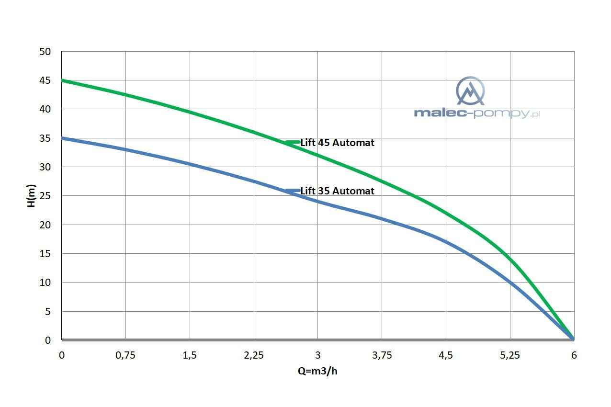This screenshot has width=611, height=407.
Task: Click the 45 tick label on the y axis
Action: pyautogui.click(x=45, y=80)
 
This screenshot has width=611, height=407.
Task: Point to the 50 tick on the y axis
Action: pyautogui.click(x=45, y=52)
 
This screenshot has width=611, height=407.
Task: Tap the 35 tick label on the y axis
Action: pyautogui.click(x=45, y=138)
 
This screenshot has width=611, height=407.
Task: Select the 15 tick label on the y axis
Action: pyautogui.click(x=45, y=254)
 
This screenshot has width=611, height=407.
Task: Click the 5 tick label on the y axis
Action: pyautogui.click(x=47, y=312)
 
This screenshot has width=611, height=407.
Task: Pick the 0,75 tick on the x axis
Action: pyautogui.click(x=125, y=355)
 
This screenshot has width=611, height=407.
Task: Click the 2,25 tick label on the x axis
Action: pyautogui.click(x=254, y=355)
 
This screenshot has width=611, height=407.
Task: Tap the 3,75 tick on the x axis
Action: pyautogui.click(x=382, y=355)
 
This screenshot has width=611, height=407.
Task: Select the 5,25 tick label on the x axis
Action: pyautogui.click(x=510, y=355)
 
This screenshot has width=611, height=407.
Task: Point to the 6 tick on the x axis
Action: pyautogui.click(x=574, y=355)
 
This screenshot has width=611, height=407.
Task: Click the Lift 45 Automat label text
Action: pyautogui.click(x=337, y=143)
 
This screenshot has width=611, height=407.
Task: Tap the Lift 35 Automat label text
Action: pyautogui.click(x=337, y=191)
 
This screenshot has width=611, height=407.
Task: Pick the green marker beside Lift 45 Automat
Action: pyautogui.click(x=292, y=142)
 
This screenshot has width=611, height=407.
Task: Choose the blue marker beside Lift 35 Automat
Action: pyautogui.click(x=292, y=191)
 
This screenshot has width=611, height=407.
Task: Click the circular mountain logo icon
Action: pyautogui.click(x=470, y=91)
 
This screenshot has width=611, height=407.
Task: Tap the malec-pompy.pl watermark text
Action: pyautogui.click(x=476, y=113)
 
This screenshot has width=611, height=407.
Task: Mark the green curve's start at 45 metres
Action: pyautogui.click(x=63, y=80)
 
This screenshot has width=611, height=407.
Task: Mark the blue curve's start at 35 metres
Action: pyautogui.click(x=63, y=138)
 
